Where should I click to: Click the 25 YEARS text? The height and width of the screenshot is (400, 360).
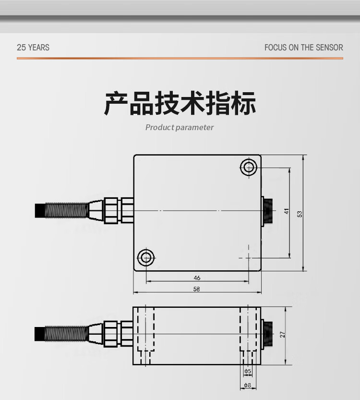tap(33, 48)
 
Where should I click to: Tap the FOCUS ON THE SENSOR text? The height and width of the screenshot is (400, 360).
tap(303, 48)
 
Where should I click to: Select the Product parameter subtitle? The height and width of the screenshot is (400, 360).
tap(180, 127)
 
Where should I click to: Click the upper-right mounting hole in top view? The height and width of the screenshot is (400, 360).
tap(249, 167)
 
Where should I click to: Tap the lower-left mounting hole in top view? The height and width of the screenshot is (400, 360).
tap(145, 257)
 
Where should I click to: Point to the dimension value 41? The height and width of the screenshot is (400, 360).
tap(287, 211)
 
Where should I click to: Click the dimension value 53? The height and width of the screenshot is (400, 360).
tap(300, 214)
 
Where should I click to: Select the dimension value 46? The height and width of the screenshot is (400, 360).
tap(197, 278)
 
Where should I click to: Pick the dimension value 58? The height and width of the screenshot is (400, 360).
tap(197, 289)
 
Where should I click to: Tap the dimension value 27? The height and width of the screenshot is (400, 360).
tap(283, 335)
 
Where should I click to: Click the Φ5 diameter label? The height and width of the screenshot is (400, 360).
tap(247, 371)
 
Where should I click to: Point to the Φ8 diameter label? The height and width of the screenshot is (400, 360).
tap(247, 385)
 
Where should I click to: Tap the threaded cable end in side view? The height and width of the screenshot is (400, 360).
tap(62, 333)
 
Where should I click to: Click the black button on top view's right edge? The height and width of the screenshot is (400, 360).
tap(267, 210)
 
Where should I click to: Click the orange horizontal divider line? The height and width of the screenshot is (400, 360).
tap(180, 58)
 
